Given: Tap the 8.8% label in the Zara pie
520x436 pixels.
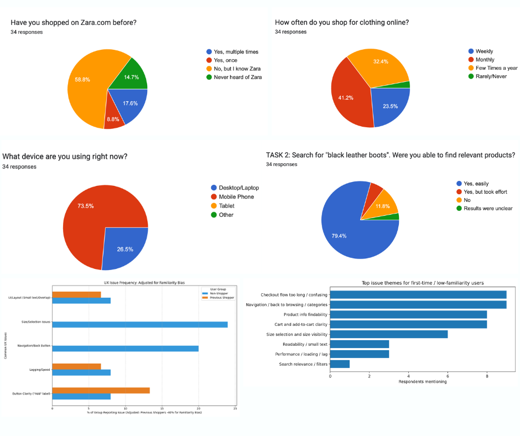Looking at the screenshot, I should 113,118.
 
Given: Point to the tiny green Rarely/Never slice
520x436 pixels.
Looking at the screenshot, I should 407,85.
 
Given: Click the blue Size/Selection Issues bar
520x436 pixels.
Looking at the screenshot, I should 138,324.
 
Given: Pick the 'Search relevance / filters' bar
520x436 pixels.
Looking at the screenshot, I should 340,364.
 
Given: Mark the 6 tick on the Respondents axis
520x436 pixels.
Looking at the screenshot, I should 448,376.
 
